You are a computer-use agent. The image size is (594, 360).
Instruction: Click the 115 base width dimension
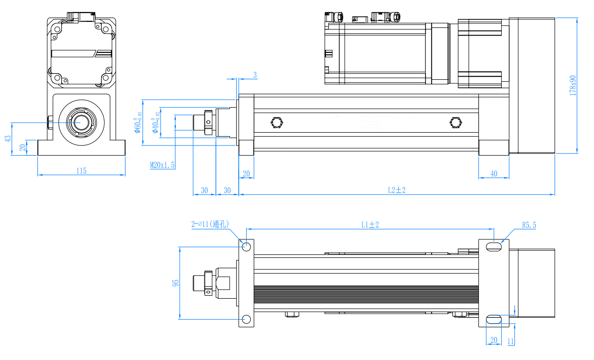click(81, 171)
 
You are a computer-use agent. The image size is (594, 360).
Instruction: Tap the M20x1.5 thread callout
click(162, 165)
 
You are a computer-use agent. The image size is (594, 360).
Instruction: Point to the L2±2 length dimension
click(397, 190)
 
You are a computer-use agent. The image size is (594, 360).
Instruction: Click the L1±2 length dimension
click(370, 224)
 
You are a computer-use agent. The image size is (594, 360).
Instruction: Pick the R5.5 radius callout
click(529, 225)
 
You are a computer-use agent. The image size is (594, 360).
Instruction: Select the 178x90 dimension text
click(573, 85)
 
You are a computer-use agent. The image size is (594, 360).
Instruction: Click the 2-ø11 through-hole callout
click(210, 224)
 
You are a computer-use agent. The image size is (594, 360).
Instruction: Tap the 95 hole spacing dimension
click(175, 283)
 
